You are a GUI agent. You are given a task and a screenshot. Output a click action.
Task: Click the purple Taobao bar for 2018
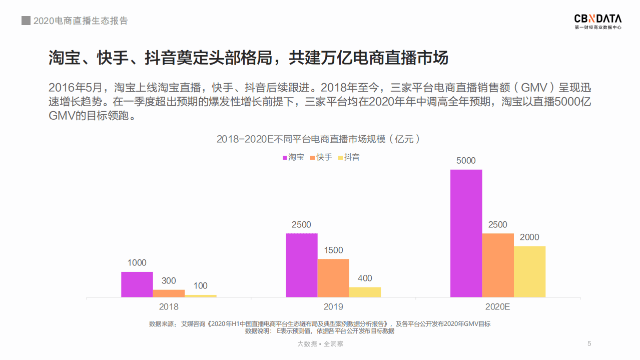pos(137,284)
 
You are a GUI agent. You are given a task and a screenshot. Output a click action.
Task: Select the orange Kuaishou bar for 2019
pos(333,278)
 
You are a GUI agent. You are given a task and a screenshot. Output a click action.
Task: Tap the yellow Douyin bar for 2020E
pos(529,271)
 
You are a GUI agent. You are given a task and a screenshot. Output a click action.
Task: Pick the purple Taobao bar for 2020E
pos(466,233)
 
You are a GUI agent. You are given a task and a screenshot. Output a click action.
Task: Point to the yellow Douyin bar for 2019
pos(365,292)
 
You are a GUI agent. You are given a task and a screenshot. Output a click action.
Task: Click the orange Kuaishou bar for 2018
pos(169,293)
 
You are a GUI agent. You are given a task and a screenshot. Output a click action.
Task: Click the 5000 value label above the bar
pos(466,161)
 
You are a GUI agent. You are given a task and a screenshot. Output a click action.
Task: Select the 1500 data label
pos(333,250)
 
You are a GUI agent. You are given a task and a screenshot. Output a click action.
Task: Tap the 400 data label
pos(365,278)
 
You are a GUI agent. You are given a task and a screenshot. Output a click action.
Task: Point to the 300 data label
pos(169,281)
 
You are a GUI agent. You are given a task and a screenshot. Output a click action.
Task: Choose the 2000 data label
pos(529,237)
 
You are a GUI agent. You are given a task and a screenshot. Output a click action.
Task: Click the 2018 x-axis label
pos(169,307)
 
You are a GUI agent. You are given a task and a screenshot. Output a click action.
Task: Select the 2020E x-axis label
pos(497,307)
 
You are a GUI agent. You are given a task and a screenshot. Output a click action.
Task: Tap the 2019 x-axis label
pos(333,307)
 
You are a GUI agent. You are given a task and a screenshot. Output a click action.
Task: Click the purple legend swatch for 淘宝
pos(285,158)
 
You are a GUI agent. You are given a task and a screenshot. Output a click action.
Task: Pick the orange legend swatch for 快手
pos(313,158)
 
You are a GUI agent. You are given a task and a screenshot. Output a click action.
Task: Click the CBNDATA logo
pos(597,22)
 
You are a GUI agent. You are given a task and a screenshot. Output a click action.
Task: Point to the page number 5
pos(589,343)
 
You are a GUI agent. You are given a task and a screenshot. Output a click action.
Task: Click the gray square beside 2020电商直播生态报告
pos(26,21)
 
